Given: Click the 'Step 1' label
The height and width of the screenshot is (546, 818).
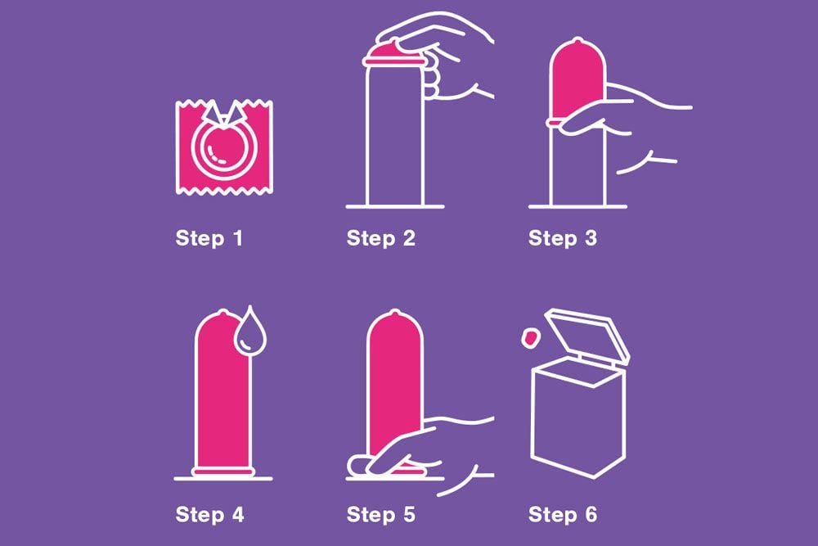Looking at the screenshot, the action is coord(209,238).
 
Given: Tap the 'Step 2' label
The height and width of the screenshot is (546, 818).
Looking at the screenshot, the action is coord(381,238).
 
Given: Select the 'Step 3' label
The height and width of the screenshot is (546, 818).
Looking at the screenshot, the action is coord(563,238).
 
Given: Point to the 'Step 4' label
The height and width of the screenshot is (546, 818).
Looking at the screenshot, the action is coord(209,515).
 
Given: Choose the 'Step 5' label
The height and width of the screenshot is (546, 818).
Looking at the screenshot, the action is coord(381,515).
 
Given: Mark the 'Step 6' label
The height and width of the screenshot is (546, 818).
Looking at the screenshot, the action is coord(563,515).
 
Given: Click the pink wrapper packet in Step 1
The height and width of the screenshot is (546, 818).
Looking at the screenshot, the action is coord(224,147).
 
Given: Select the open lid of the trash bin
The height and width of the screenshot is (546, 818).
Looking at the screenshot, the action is coord(590,334).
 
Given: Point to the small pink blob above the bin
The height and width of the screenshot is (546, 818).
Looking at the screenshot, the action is coord(529,338).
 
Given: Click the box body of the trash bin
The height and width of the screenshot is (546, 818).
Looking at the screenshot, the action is coord(578,417).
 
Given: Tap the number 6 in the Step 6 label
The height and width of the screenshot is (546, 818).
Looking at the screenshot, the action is coord(591,515).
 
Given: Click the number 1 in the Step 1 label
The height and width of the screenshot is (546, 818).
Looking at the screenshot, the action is coord(238,238).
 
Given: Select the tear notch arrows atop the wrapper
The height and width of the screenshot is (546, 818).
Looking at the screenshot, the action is coord(224,113).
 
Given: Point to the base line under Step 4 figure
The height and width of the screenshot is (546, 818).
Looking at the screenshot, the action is coord(223,478).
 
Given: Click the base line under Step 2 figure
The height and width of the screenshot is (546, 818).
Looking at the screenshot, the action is coord(395,207).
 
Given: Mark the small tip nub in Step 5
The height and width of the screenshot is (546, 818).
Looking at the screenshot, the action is coord(395,314).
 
